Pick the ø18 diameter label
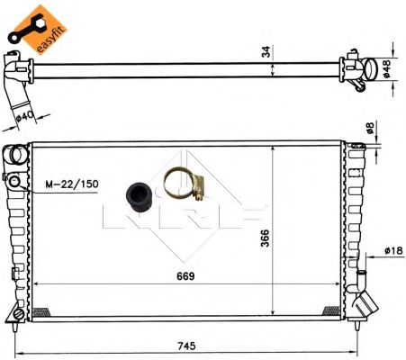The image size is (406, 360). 392,250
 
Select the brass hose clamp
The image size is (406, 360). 185,184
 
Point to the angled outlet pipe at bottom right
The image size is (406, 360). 365,304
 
